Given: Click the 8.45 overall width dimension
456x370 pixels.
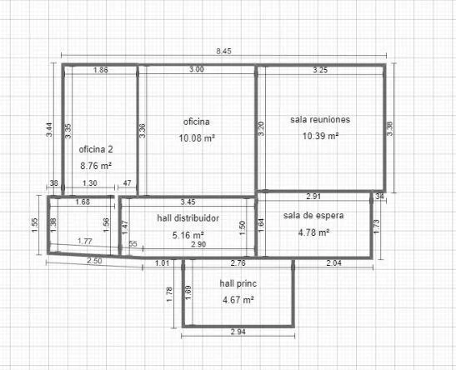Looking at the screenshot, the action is [223, 52].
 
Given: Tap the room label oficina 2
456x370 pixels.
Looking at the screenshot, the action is [96, 149].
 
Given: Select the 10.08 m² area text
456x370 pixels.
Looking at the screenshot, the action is [197, 137].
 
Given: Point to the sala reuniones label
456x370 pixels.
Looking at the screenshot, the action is [320, 119].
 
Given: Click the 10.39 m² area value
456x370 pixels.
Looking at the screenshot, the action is [320, 136].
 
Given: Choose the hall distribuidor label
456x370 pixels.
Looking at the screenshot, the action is [188, 218].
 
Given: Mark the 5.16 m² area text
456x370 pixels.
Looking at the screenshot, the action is [188, 235].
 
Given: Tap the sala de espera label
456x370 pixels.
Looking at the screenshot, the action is [313, 215].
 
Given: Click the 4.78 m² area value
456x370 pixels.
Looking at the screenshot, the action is [313, 232].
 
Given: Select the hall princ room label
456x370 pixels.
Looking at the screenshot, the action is [238, 283].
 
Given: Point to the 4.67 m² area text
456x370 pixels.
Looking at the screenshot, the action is [238, 300].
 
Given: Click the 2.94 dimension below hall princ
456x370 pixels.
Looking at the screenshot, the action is [238, 332].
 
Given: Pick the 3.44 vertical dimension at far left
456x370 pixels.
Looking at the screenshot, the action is [50, 130].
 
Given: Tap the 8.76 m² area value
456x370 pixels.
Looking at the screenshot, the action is [96, 166].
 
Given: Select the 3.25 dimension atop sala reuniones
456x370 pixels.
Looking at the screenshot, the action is [320, 70].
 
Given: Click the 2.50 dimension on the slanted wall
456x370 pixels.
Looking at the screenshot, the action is [94, 261].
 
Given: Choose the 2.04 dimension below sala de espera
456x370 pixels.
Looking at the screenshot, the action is [333, 263].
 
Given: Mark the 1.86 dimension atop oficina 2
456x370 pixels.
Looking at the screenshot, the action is [101, 70].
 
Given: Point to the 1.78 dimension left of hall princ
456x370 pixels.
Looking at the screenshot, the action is [169, 294].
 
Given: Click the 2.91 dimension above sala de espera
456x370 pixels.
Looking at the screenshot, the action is [313, 196].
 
